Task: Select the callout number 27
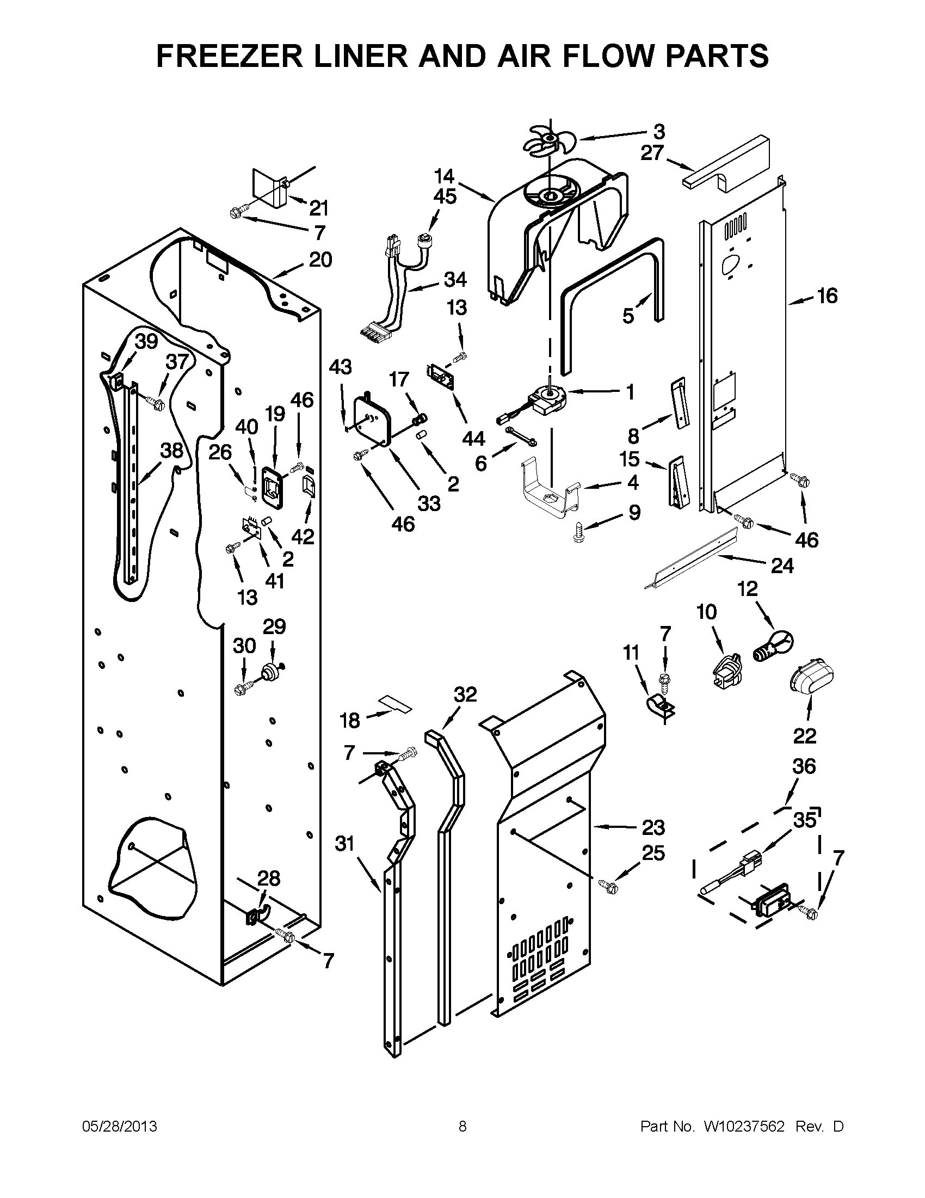pos(652,153)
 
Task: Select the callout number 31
pos(345,844)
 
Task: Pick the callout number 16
pos(827,296)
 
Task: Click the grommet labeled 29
pos(270,671)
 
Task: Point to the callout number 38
pos(171,450)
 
